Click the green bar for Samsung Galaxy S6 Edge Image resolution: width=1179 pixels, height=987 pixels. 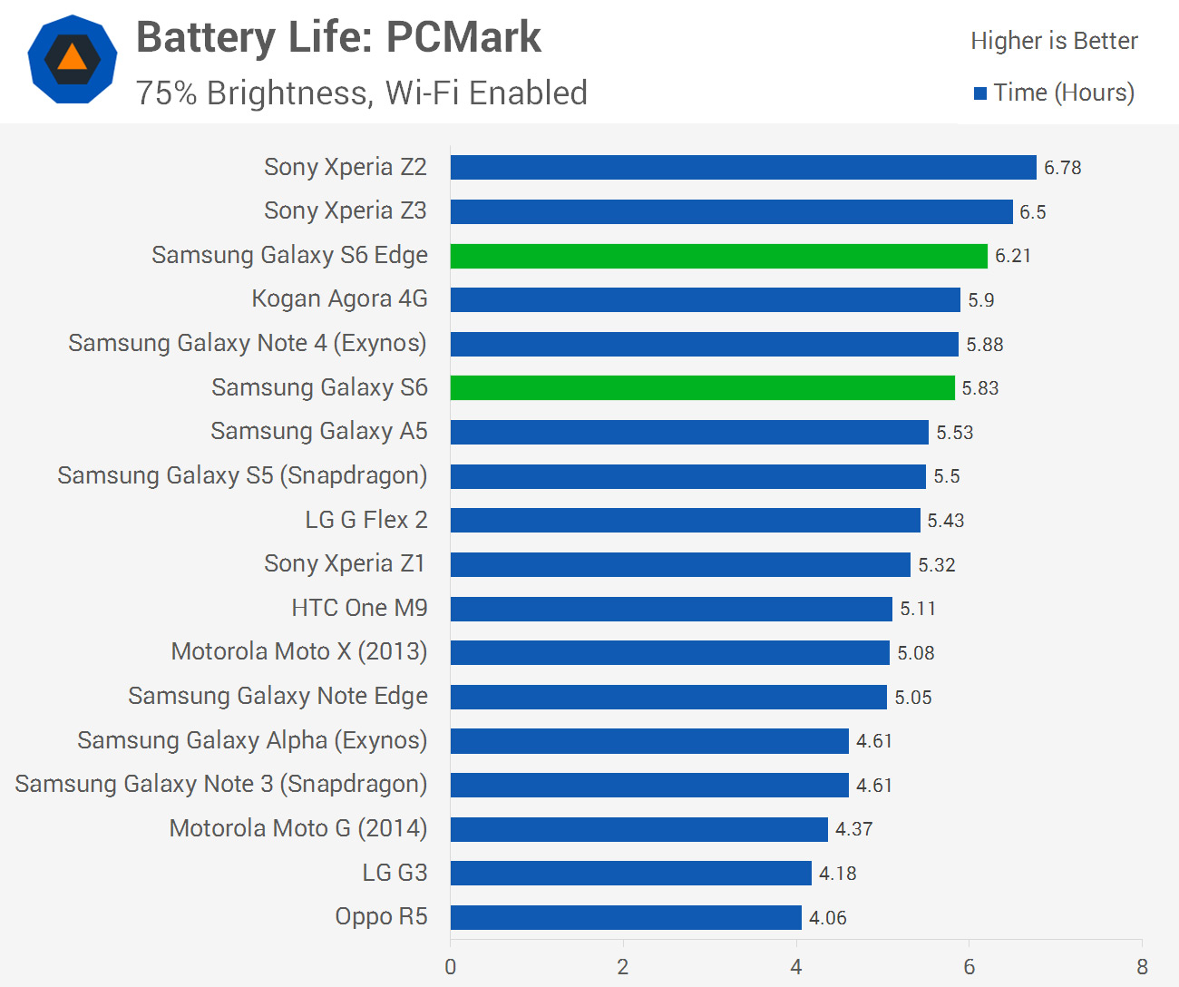[x=719, y=256]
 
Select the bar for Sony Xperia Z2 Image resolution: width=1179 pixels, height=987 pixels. [x=743, y=167]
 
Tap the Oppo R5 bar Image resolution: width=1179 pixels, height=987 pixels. [x=626, y=917]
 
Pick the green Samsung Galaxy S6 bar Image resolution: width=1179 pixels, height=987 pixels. [x=703, y=388]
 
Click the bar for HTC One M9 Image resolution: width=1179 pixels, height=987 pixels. [x=671, y=609]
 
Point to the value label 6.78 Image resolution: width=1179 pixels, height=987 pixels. [x=1062, y=168]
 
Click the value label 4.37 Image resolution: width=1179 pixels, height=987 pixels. [x=853, y=829]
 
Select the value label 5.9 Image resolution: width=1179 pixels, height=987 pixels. [x=980, y=300]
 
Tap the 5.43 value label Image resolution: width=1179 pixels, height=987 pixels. [x=945, y=521]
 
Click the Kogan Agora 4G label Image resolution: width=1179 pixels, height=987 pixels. [x=339, y=298]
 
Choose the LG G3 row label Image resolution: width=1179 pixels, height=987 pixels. [x=395, y=873]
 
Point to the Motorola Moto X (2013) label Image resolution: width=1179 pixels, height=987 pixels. [x=299, y=651]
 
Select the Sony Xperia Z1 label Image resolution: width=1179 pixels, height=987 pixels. [x=345, y=563]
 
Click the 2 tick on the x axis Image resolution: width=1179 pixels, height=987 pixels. [x=623, y=967]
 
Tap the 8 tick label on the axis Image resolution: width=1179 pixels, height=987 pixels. [x=1143, y=967]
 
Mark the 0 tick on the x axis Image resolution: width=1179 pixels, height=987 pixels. [x=450, y=967]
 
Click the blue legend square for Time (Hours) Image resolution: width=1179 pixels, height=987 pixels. [x=980, y=93]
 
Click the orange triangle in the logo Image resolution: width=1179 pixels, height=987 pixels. [x=72, y=58]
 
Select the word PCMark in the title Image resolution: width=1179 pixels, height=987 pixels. [x=463, y=38]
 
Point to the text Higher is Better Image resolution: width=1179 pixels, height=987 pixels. [x=1054, y=41]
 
